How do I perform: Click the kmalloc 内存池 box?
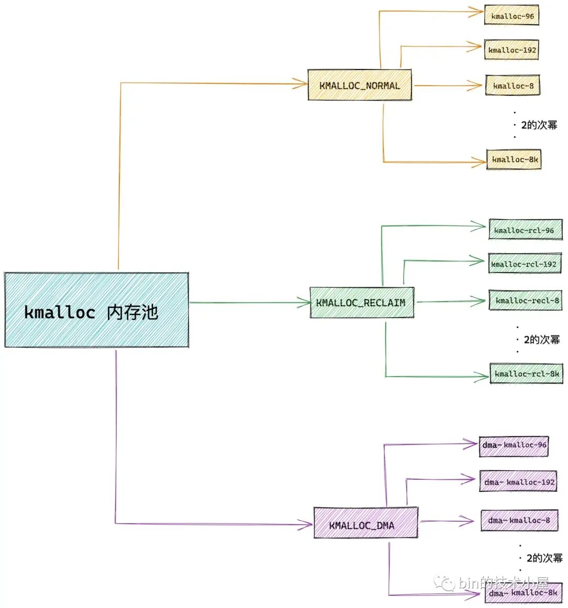click(x=97, y=310)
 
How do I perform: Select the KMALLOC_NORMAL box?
click(x=360, y=85)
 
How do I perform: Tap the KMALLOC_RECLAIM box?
click(x=361, y=302)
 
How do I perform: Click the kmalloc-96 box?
click(x=512, y=16)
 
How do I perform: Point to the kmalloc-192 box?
click(x=512, y=50)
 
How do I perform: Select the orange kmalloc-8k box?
click(x=514, y=159)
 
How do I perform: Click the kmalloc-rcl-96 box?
click(x=525, y=230)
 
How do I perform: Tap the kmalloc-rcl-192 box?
click(x=524, y=264)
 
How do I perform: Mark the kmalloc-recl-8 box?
click(x=525, y=300)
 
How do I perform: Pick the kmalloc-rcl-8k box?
click(x=526, y=373)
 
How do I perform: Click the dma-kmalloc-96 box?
click(x=514, y=445)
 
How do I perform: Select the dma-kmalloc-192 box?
click(x=518, y=482)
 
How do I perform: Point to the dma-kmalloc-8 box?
click(x=519, y=520)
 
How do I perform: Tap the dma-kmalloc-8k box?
click(x=522, y=593)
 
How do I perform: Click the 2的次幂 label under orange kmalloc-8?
click(x=539, y=125)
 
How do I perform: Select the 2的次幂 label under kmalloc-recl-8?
click(x=542, y=340)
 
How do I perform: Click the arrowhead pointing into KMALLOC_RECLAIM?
click(x=305, y=302)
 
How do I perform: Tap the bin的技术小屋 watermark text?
click(x=503, y=583)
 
